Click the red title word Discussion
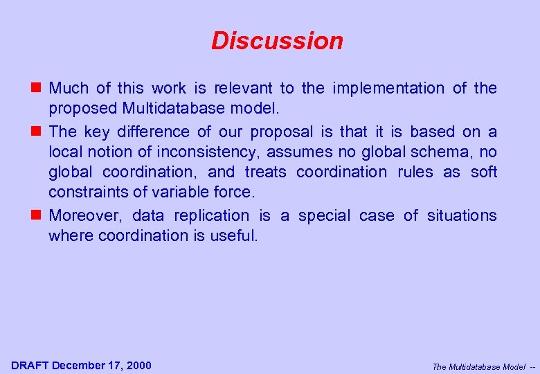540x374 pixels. (x=277, y=41)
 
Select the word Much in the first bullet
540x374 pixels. (x=69, y=88)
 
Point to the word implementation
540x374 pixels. (x=388, y=88)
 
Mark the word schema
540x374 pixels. (x=444, y=152)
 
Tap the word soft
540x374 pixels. (x=484, y=172)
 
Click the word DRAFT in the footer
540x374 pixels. (x=30, y=365)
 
